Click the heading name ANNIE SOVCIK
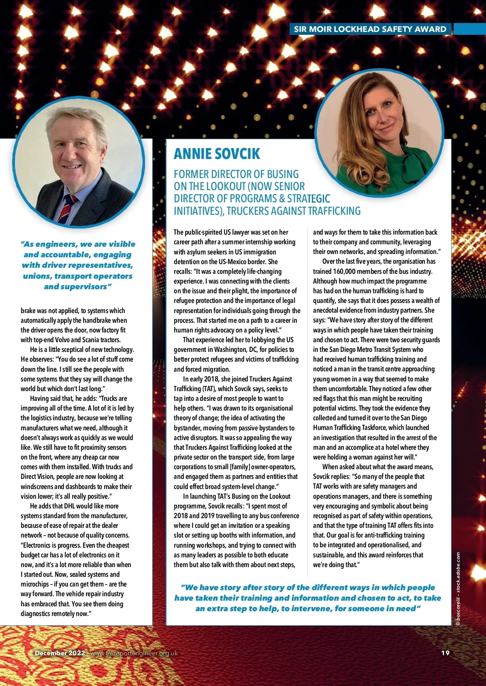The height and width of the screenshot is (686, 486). [217, 154]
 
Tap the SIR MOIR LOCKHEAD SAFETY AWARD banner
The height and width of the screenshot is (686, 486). [370, 29]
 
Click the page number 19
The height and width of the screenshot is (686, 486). [445, 653]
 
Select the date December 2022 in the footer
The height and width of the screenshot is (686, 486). [60, 653]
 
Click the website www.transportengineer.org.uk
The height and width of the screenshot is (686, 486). [134, 653]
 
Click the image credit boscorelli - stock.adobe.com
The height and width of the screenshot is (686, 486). [458, 589]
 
